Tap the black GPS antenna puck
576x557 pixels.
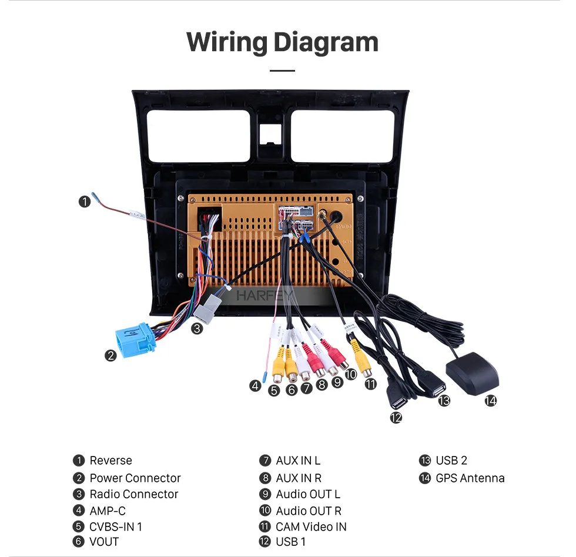(x=472, y=374)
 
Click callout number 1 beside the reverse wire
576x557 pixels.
(x=85, y=202)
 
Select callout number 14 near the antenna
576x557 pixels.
(x=490, y=401)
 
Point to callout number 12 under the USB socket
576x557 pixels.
(x=396, y=417)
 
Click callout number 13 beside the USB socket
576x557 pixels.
(x=444, y=400)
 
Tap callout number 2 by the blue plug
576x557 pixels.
(x=110, y=355)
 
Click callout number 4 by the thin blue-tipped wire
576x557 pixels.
(x=254, y=385)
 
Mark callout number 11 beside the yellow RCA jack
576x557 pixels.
(x=370, y=384)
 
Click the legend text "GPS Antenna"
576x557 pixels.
(x=470, y=478)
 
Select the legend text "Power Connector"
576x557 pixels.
(x=135, y=478)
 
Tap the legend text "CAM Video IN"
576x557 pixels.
(x=311, y=526)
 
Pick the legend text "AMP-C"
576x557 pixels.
(x=108, y=511)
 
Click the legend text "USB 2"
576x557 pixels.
(x=451, y=461)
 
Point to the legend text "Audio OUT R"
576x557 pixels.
(x=309, y=511)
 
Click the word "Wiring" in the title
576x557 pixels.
(x=226, y=42)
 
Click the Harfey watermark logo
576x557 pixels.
(x=264, y=295)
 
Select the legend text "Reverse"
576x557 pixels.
(x=110, y=461)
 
